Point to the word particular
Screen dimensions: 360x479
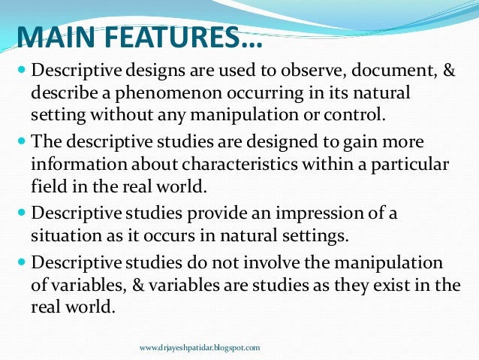coord(417,163)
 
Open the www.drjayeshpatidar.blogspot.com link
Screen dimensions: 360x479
coord(200,348)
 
